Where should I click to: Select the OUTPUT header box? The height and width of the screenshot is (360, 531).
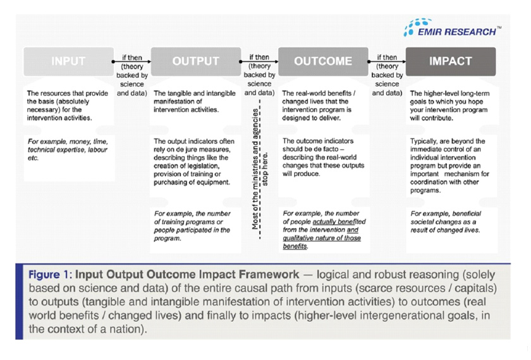click(x=195, y=62)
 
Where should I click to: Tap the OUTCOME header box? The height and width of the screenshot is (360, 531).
click(x=323, y=62)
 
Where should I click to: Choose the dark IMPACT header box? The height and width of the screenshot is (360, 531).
click(x=450, y=62)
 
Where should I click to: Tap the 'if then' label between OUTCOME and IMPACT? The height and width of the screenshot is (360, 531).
click(x=387, y=58)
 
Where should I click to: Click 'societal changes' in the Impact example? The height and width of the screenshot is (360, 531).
click(x=437, y=222)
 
